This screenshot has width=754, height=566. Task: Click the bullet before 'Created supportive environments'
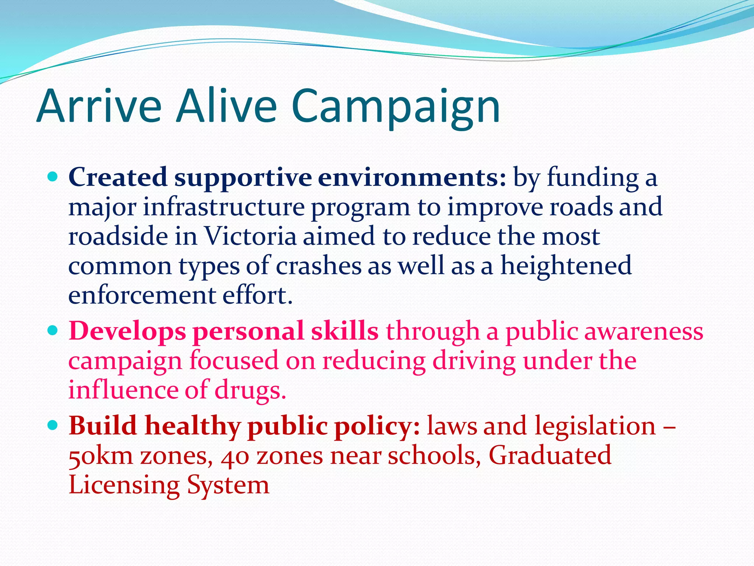(53, 177)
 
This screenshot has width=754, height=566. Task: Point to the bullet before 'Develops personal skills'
(53, 331)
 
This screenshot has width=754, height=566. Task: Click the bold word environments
(412, 178)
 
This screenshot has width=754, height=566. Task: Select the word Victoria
(250, 236)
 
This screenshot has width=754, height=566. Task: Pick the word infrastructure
(224, 207)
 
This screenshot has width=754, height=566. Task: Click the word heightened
(566, 266)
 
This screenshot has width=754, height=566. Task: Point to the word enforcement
(142, 295)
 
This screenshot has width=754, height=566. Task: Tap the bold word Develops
(127, 331)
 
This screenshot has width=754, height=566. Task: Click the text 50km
(101, 456)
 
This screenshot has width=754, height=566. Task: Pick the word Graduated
(550, 455)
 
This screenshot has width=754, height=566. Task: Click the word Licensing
(124, 486)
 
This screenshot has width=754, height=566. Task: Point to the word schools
(434, 455)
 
